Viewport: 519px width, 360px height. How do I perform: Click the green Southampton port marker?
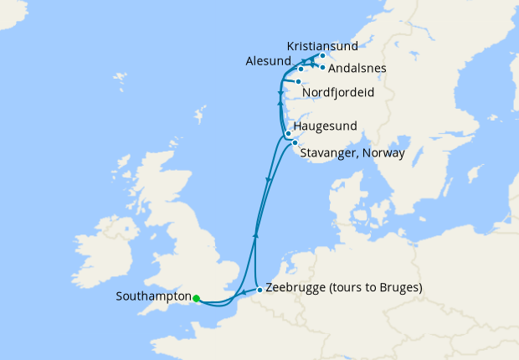click(x=196, y=298)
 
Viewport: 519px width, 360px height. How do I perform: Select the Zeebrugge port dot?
click(x=259, y=290)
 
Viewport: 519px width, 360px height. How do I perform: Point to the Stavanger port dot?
click(x=295, y=143)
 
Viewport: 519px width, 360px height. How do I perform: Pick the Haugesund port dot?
click(x=288, y=133)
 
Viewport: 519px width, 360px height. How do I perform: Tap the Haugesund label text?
click(x=326, y=126)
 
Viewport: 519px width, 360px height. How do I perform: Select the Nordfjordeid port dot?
click(x=299, y=81)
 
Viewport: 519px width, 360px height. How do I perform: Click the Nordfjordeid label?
click(x=339, y=92)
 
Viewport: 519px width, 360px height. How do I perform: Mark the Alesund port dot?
click(x=301, y=69)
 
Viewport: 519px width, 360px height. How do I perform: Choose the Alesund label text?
click(x=269, y=62)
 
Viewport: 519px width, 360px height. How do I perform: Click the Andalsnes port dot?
click(x=322, y=67)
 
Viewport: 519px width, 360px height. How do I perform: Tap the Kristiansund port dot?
click(x=322, y=56)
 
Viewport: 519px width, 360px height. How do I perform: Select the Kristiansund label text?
click(x=322, y=45)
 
